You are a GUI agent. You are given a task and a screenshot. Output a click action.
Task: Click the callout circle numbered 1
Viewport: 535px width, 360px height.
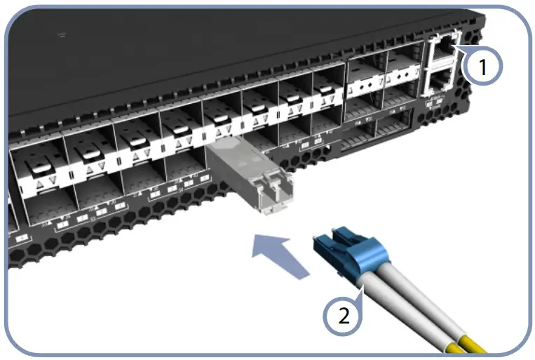point(483,67)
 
